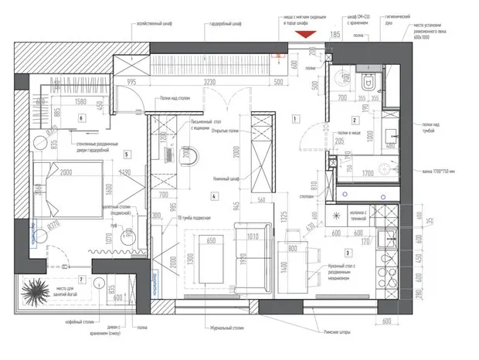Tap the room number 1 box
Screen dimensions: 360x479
click(x=295, y=118)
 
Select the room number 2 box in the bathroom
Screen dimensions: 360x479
click(x=355, y=120)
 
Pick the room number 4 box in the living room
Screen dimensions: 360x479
click(x=212, y=196)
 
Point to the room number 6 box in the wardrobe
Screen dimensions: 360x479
click(x=80, y=118)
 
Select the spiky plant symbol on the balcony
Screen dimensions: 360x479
click(x=36, y=294)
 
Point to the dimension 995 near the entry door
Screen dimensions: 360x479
click(x=132, y=80)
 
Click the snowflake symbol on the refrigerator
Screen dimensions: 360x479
click(x=337, y=216)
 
